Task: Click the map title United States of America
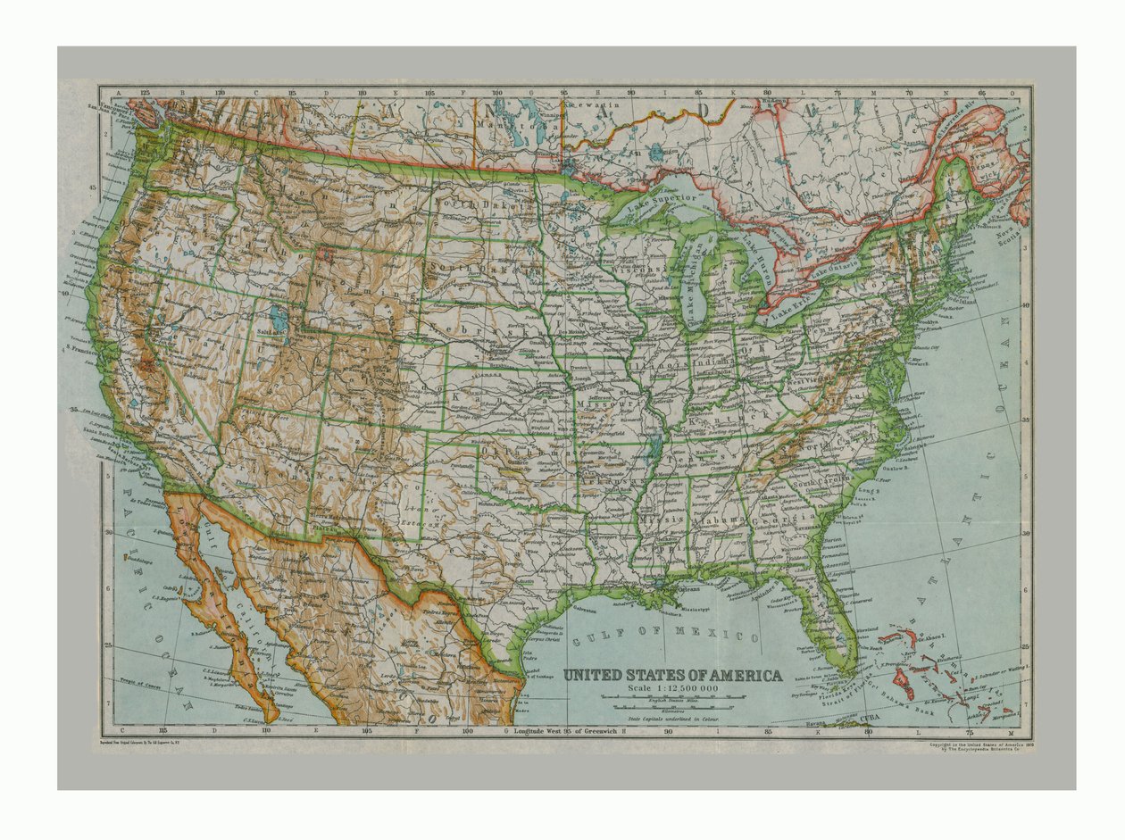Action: (x=672, y=675)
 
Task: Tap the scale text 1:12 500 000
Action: (x=672, y=688)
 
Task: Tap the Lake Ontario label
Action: (x=835, y=265)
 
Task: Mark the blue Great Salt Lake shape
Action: (x=279, y=318)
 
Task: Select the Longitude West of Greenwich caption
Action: (x=566, y=731)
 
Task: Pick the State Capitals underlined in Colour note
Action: (x=672, y=718)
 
